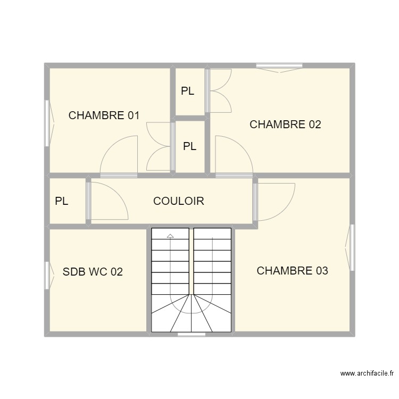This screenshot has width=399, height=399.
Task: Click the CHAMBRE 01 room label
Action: (104, 115)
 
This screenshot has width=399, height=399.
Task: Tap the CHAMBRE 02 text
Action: (285, 125)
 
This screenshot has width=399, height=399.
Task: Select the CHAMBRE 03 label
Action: (292, 271)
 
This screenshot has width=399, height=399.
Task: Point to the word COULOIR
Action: (178, 202)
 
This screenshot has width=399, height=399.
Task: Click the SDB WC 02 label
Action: (93, 272)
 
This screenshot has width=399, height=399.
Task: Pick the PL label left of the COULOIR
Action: (62, 202)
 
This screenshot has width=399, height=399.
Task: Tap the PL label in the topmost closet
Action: (187, 92)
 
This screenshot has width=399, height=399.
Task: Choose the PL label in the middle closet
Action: (189, 146)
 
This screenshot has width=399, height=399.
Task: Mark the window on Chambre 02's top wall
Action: (280, 66)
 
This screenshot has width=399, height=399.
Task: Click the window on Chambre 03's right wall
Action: (351, 247)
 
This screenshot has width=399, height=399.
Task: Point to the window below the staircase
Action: (192, 334)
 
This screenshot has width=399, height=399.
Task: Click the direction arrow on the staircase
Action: (170, 235)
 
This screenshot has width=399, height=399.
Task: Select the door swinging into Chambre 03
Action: (275, 201)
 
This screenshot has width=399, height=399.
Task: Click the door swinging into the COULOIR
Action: (108, 201)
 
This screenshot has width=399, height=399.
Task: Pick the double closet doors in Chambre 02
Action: (220, 90)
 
